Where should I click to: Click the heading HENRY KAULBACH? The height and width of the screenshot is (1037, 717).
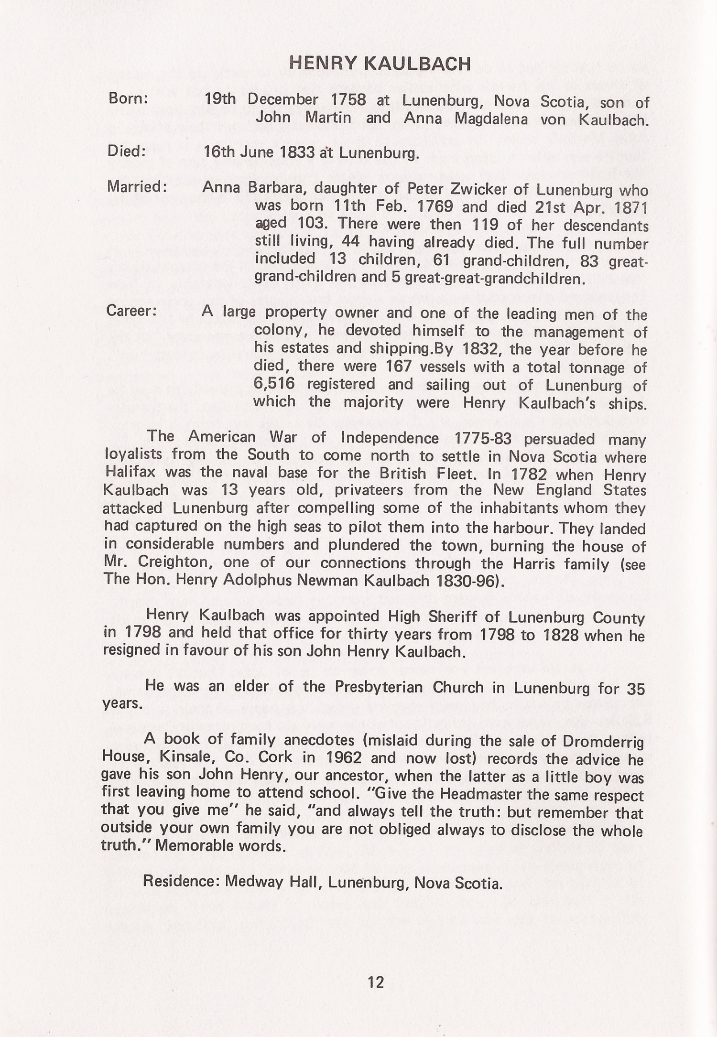380,63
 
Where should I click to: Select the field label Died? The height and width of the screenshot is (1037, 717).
127,151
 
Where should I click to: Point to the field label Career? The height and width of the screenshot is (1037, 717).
131,311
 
